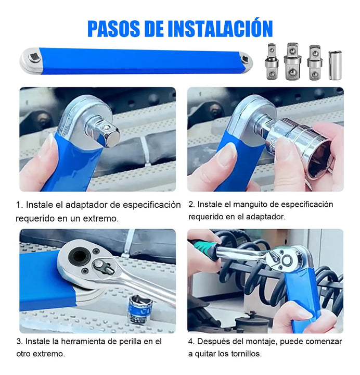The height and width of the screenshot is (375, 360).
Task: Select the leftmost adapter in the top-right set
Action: pyautogui.click(x=272, y=62)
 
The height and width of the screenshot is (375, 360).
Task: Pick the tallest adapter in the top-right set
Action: pyautogui.click(x=292, y=62)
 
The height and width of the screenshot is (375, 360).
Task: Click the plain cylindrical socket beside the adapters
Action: pyautogui.click(x=335, y=65)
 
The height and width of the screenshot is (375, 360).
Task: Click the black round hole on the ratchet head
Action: pyautogui.click(x=80, y=256)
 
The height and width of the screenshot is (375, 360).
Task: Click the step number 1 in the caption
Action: pyautogui.click(x=18, y=205)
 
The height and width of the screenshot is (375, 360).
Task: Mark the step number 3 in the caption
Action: pyautogui.click(x=18, y=342)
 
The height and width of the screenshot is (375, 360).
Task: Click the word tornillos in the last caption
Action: pyautogui.click(x=245, y=354)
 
